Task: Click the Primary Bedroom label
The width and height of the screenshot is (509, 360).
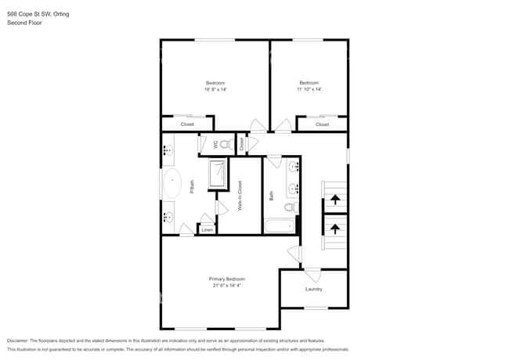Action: (x=226, y=279)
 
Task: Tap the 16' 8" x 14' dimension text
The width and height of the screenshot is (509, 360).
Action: (x=215, y=89)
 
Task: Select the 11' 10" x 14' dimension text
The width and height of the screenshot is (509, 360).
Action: (x=309, y=89)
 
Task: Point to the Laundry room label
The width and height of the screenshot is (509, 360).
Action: (x=314, y=290)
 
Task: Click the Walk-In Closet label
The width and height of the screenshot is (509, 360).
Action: (x=240, y=196)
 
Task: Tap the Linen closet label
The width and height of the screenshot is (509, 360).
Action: (x=207, y=230)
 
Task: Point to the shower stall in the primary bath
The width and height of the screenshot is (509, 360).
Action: (x=218, y=174)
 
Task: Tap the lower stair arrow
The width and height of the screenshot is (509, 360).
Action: (x=334, y=229)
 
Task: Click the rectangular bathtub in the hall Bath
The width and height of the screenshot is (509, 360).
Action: (x=278, y=227)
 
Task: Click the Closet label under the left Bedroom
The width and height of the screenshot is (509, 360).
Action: (x=187, y=124)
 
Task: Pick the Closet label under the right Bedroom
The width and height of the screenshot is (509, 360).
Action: (x=322, y=124)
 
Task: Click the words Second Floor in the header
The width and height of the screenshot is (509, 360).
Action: (x=24, y=23)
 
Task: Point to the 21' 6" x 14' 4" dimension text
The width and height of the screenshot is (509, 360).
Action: (x=226, y=286)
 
